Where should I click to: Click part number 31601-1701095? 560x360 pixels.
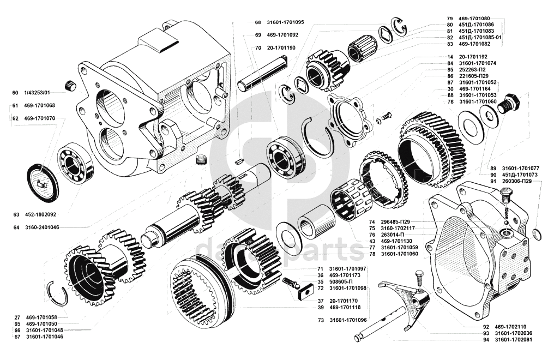pos(285,23)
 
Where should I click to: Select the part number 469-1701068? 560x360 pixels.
pos(39,105)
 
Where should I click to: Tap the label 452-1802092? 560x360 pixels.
pos(39,214)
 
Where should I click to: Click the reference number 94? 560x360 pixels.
pos(486,340)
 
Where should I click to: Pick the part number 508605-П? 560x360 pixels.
pos(343,282)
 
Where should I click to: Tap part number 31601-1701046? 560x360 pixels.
pos(45,337)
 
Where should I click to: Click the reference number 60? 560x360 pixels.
pos(15,92)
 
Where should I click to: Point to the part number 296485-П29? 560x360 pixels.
pos(395,221)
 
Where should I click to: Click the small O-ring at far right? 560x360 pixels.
pos(537,235)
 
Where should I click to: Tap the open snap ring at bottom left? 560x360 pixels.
pos(57,295)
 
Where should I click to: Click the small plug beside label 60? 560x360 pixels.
pos(69,85)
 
